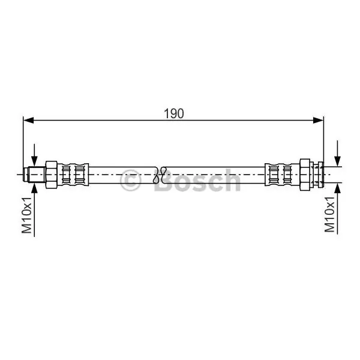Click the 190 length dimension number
pos(174,113)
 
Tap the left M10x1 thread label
pos(26,215)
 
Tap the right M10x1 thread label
pos(329,214)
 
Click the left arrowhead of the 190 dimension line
pos(28,120)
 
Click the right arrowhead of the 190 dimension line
pos(319,120)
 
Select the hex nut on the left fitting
pos(51,175)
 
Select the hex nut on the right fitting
pos(305,175)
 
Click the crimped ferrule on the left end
pos(73,175)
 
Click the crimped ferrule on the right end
pos(282,175)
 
